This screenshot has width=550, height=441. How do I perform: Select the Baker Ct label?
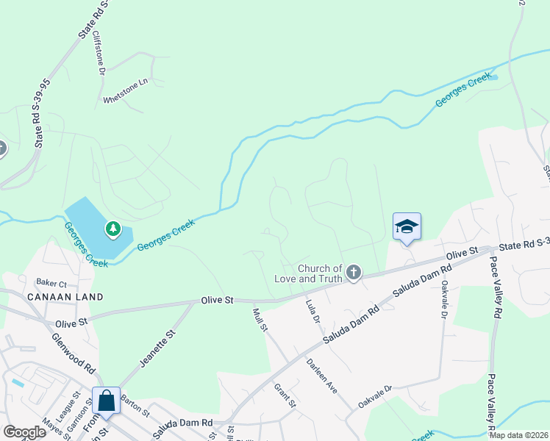[52, 282]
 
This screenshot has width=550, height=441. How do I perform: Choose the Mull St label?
[259, 320]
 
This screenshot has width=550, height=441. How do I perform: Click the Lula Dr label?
[312, 312]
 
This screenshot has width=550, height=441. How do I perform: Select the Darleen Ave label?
[321, 376]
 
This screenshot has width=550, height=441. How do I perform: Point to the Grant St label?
[285, 395]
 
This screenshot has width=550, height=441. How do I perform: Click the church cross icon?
[354, 273]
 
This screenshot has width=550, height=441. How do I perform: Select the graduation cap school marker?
[407, 226]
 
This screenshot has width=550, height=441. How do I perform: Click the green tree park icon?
[113, 229]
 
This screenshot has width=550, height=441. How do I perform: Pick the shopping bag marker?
[106, 401]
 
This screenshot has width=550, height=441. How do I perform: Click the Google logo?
[24, 432]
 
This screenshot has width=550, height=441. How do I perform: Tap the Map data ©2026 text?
[518, 435]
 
